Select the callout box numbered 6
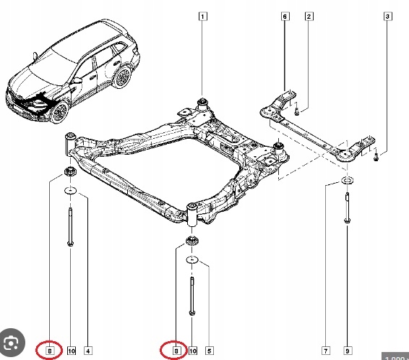coord(285,16)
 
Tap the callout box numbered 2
coord(309,16)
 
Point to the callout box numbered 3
coord(387,16)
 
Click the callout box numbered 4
coord(87,351)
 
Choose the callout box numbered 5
coord(210,351)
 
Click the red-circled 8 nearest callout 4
coord(49,351)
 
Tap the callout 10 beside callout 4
coord(71,351)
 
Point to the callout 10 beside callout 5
coord(192,351)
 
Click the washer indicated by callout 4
coord(72,191)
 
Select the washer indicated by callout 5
coord(192,259)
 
